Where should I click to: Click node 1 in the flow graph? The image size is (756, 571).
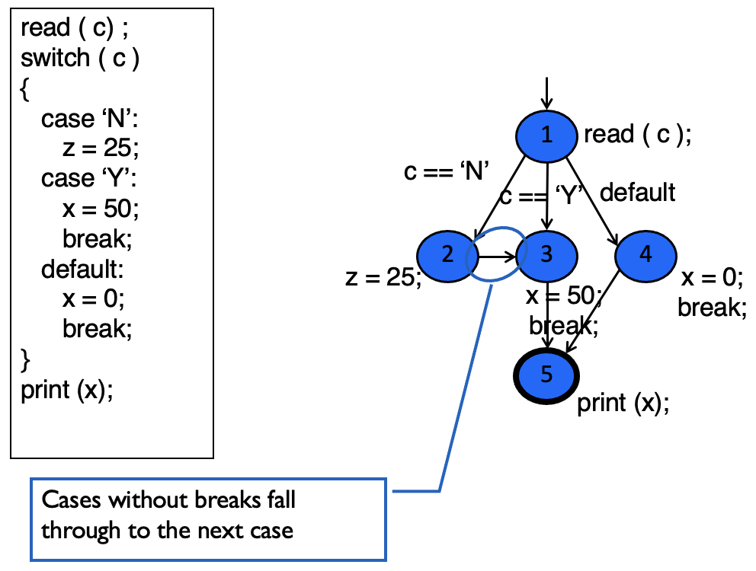[546, 136]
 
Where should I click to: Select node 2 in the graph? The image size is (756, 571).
[447, 255]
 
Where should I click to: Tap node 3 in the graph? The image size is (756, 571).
[546, 255]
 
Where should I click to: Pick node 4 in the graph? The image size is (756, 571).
[645, 255]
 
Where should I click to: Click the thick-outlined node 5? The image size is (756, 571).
[546, 375]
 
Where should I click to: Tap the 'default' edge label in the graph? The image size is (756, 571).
[637, 192]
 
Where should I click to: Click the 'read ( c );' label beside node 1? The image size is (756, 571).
[637, 135]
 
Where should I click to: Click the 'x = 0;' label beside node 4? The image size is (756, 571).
[711, 278]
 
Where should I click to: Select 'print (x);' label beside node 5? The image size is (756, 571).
[623, 403]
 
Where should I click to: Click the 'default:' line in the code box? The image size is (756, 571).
[82, 269]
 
